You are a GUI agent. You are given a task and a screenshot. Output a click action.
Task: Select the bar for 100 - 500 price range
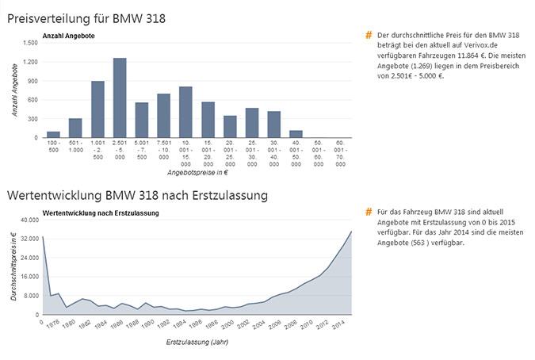click(54, 134)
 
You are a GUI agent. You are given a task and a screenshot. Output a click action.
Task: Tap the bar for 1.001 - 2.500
click(97, 109)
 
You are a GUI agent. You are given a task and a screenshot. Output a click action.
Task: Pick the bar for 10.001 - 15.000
click(185, 112)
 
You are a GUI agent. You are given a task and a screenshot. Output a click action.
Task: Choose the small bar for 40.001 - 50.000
click(296, 134)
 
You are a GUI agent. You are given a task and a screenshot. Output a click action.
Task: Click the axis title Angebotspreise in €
click(197, 172)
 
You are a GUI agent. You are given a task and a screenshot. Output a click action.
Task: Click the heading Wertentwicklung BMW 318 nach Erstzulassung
click(137, 194)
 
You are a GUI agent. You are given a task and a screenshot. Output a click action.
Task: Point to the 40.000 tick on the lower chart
click(29, 220)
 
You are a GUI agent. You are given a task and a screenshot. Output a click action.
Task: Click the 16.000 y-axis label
click(29, 277)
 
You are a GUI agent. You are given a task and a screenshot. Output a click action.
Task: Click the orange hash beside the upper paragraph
click(369, 36)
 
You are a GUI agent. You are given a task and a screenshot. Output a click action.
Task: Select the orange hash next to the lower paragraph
click(369, 213)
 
